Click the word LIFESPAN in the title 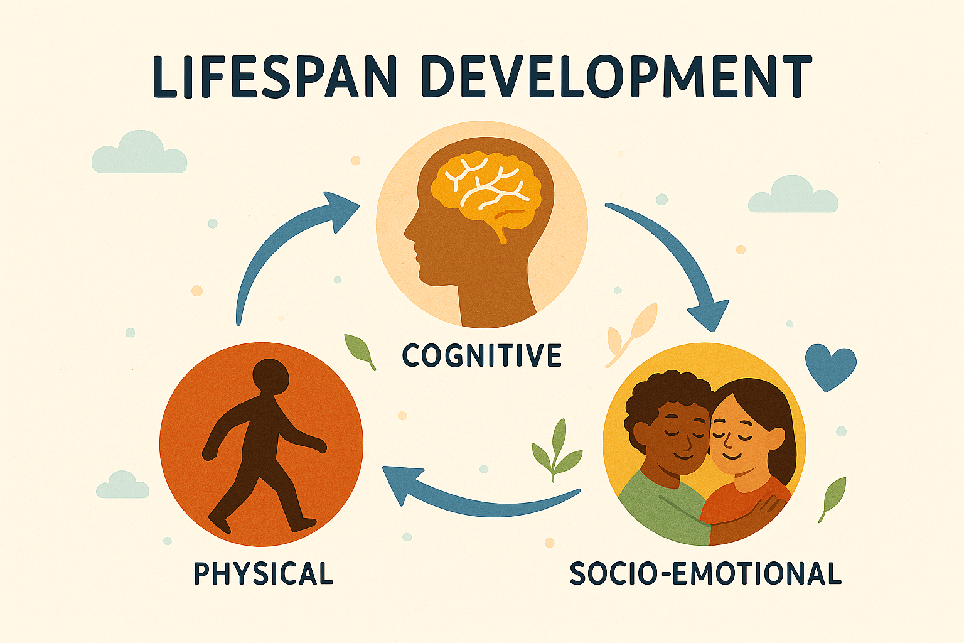274,77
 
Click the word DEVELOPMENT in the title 617,77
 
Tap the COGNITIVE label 481,355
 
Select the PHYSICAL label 264,573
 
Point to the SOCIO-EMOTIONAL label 705,573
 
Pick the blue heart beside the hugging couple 830,367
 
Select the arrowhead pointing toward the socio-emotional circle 709,315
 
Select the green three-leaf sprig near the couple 556,450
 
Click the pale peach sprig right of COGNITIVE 631,335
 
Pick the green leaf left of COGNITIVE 360,350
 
